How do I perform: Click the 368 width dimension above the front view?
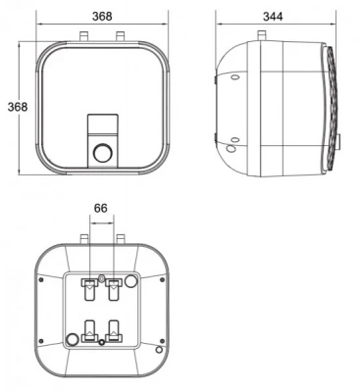[x=102, y=16]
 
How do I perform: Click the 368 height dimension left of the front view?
[x=18, y=107]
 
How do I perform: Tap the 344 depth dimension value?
[x=273, y=17]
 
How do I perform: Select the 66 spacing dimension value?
[x=100, y=208]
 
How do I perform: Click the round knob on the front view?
[x=103, y=153]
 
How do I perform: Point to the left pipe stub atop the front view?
[x=84, y=36]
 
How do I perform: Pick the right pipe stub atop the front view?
[x=120, y=36]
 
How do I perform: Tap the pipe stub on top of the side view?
[x=262, y=35]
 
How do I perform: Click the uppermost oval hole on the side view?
[x=235, y=77]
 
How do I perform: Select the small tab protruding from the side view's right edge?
[x=339, y=140]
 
